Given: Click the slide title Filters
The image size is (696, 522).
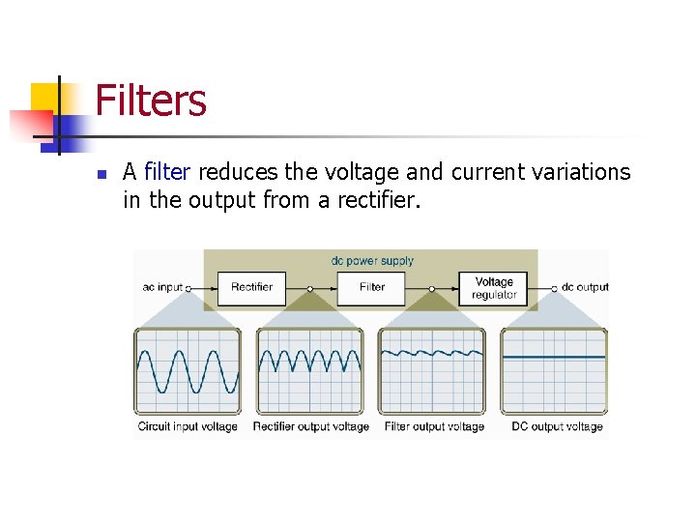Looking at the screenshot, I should [x=151, y=101].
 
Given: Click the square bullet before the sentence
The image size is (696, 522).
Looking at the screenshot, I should [x=101, y=176].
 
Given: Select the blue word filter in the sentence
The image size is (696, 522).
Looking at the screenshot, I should [x=167, y=172].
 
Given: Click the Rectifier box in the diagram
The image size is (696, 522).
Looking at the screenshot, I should [x=252, y=287].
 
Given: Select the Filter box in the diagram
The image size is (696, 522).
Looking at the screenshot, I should [x=372, y=287].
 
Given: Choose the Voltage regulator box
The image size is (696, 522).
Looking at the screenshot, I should [x=494, y=288].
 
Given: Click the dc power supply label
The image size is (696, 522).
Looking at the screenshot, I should [x=372, y=261].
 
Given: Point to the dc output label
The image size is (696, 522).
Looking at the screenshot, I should [x=585, y=287].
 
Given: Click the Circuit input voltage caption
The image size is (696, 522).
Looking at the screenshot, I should [x=188, y=426].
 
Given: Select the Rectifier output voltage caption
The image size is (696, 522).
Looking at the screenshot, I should [x=310, y=426].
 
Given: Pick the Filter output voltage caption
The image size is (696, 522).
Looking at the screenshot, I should [x=434, y=426].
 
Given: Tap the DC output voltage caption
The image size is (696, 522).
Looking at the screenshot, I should [x=557, y=426].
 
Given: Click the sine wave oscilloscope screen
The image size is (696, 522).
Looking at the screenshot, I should [x=188, y=372].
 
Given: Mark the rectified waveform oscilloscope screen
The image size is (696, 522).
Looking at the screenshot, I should [x=309, y=372].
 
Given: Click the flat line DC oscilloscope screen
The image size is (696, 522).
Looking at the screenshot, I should [x=554, y=372].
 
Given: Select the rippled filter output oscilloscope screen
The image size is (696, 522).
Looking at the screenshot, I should [x=432, y=372].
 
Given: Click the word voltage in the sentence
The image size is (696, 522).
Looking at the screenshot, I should [x=362, y=172].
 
